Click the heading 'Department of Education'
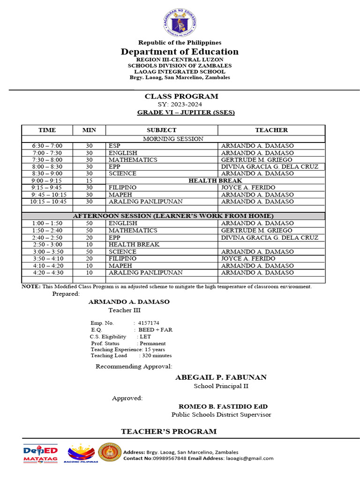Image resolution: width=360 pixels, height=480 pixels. click(180, 52)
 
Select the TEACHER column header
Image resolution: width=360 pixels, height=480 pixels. click(271, 130)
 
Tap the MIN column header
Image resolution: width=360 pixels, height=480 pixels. click(89, 130)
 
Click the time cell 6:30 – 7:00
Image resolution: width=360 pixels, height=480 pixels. click(47, 146)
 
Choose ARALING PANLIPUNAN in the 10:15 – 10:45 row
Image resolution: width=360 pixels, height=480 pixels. click(139, 202)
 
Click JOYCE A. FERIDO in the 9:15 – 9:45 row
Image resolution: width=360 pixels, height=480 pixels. click(244, 187)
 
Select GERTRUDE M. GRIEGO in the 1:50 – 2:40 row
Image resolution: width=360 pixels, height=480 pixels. click(250, 231)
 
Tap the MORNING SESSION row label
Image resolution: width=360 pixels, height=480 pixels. click(173, 139)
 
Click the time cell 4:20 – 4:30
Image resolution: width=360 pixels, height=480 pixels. click(47, 272)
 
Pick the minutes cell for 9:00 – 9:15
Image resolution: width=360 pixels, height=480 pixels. click(89, 180)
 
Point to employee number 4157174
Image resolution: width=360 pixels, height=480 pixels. click(149, 323)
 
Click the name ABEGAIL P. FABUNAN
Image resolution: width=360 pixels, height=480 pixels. click(221, 377)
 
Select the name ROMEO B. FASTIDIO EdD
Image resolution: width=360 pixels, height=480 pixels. click(223, 406)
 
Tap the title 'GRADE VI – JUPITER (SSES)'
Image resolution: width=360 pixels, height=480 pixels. click(186, 112)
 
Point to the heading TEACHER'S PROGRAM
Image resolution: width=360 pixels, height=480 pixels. click(169, 431)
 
